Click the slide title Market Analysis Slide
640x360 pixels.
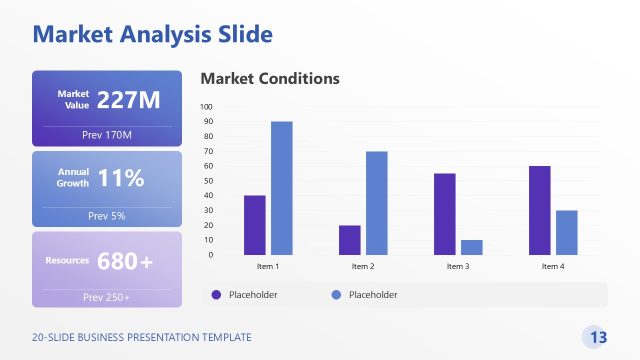click(x=152, y=36)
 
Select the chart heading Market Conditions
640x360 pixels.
click(x=270, y=78)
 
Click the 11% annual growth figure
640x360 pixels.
click(x=121, y=179)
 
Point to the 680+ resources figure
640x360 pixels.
click(x=125, y=261)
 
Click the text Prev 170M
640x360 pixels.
click(x=107, y=134)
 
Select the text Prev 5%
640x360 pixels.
click(x=107, y=215)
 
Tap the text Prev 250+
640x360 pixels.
click(x=107, y=297)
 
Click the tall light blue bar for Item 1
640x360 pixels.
click(x=282, y=188)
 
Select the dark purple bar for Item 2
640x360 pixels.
click(x=349, y=240)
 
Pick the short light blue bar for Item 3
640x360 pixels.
click(x=471, y=247)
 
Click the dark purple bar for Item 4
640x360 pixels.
click(x=539, y=210)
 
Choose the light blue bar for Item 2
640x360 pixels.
click(x=376, y=203)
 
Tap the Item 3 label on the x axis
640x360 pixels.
click(x=458, y=267)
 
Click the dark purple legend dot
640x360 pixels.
click(x=215, y=294)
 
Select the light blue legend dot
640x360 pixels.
click(x=335, y=294)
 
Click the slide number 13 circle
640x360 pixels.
click(x=597, y=337)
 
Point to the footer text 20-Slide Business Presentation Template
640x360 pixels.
click(x=142, y=337)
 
